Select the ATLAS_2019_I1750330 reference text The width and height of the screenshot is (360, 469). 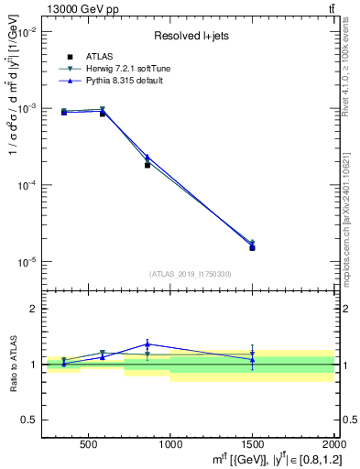click(191, 274)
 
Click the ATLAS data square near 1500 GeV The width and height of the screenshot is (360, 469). click(252, 247)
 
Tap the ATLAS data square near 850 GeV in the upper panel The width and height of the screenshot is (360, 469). click(147, 165)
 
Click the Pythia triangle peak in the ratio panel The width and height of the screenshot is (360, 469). click(147, 344)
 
